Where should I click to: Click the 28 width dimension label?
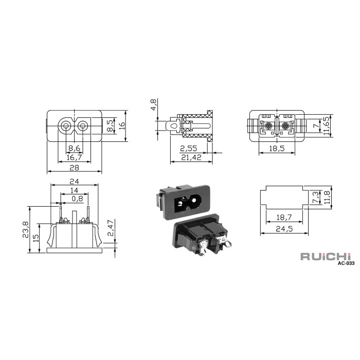(74, 168)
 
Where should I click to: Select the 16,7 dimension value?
(74, 157)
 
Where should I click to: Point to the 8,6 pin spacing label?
(74, 148)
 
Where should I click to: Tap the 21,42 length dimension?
(191, 157)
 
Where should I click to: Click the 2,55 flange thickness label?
(189, 149)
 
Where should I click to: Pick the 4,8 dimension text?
(154, 105)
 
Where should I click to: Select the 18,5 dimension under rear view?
(277, 148)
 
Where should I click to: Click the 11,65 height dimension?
(326, 125)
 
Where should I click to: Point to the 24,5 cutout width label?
(284, 229)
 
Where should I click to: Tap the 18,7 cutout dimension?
(284, 217)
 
